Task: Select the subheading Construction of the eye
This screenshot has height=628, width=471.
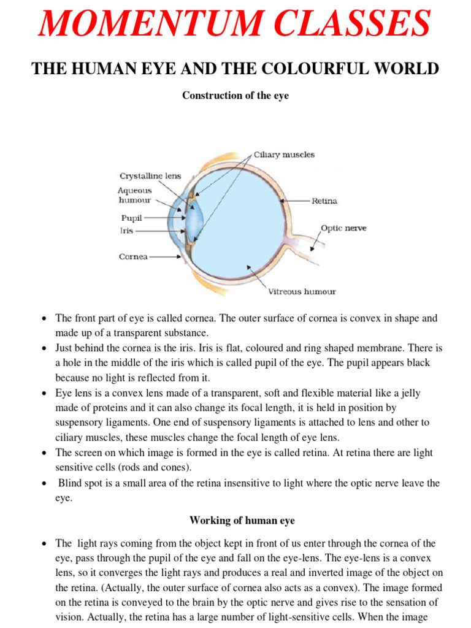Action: pos(235,96)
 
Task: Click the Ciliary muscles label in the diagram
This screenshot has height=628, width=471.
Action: pos(284,155)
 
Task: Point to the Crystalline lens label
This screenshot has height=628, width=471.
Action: pos(150,175)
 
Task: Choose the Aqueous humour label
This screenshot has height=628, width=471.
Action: pos(134,195)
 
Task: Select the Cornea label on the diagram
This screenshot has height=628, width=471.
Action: pos(133,257)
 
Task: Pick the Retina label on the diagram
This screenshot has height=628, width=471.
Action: pos(324,201)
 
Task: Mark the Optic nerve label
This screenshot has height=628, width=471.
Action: pos(343,228)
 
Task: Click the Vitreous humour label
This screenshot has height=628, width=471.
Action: pos(302,291)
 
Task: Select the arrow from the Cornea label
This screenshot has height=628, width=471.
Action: pos(164,257)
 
